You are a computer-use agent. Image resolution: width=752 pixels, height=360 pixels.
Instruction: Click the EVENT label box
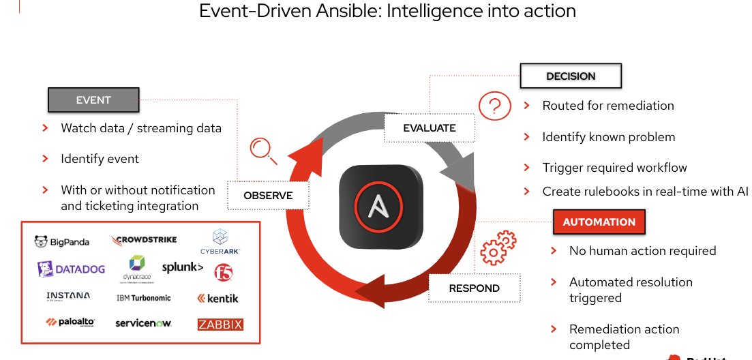point(93,100)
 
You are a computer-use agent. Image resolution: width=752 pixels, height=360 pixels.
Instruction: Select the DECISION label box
point(571,76)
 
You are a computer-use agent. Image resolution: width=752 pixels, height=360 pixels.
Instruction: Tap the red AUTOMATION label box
point(599,222)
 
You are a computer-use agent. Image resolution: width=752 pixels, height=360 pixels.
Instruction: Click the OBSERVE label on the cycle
point(268,196)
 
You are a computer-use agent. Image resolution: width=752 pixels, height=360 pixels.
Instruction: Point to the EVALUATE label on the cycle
point(429,127)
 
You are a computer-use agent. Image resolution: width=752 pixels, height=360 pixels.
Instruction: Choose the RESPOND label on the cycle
point(474,288)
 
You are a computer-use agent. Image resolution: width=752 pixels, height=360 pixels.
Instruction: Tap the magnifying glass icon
point(262,150)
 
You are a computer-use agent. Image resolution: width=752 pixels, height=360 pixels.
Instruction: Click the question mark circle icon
point(494,106)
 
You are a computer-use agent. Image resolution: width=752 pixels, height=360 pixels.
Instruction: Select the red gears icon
point(498,247)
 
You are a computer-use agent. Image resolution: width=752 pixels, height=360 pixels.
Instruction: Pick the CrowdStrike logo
point(144,240)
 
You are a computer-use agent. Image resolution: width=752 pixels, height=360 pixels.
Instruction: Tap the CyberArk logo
point(220,242)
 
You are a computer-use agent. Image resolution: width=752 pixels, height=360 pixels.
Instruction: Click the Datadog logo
point(72,269)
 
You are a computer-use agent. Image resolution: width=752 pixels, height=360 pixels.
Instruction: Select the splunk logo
point(182,267)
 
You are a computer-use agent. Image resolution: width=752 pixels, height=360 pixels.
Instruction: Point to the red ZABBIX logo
point(220,325)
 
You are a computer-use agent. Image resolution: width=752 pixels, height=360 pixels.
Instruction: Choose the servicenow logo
point(143,323)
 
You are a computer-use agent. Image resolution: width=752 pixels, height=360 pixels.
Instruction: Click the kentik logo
point(218,298)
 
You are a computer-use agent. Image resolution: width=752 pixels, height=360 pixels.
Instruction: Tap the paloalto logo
point(70,322)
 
